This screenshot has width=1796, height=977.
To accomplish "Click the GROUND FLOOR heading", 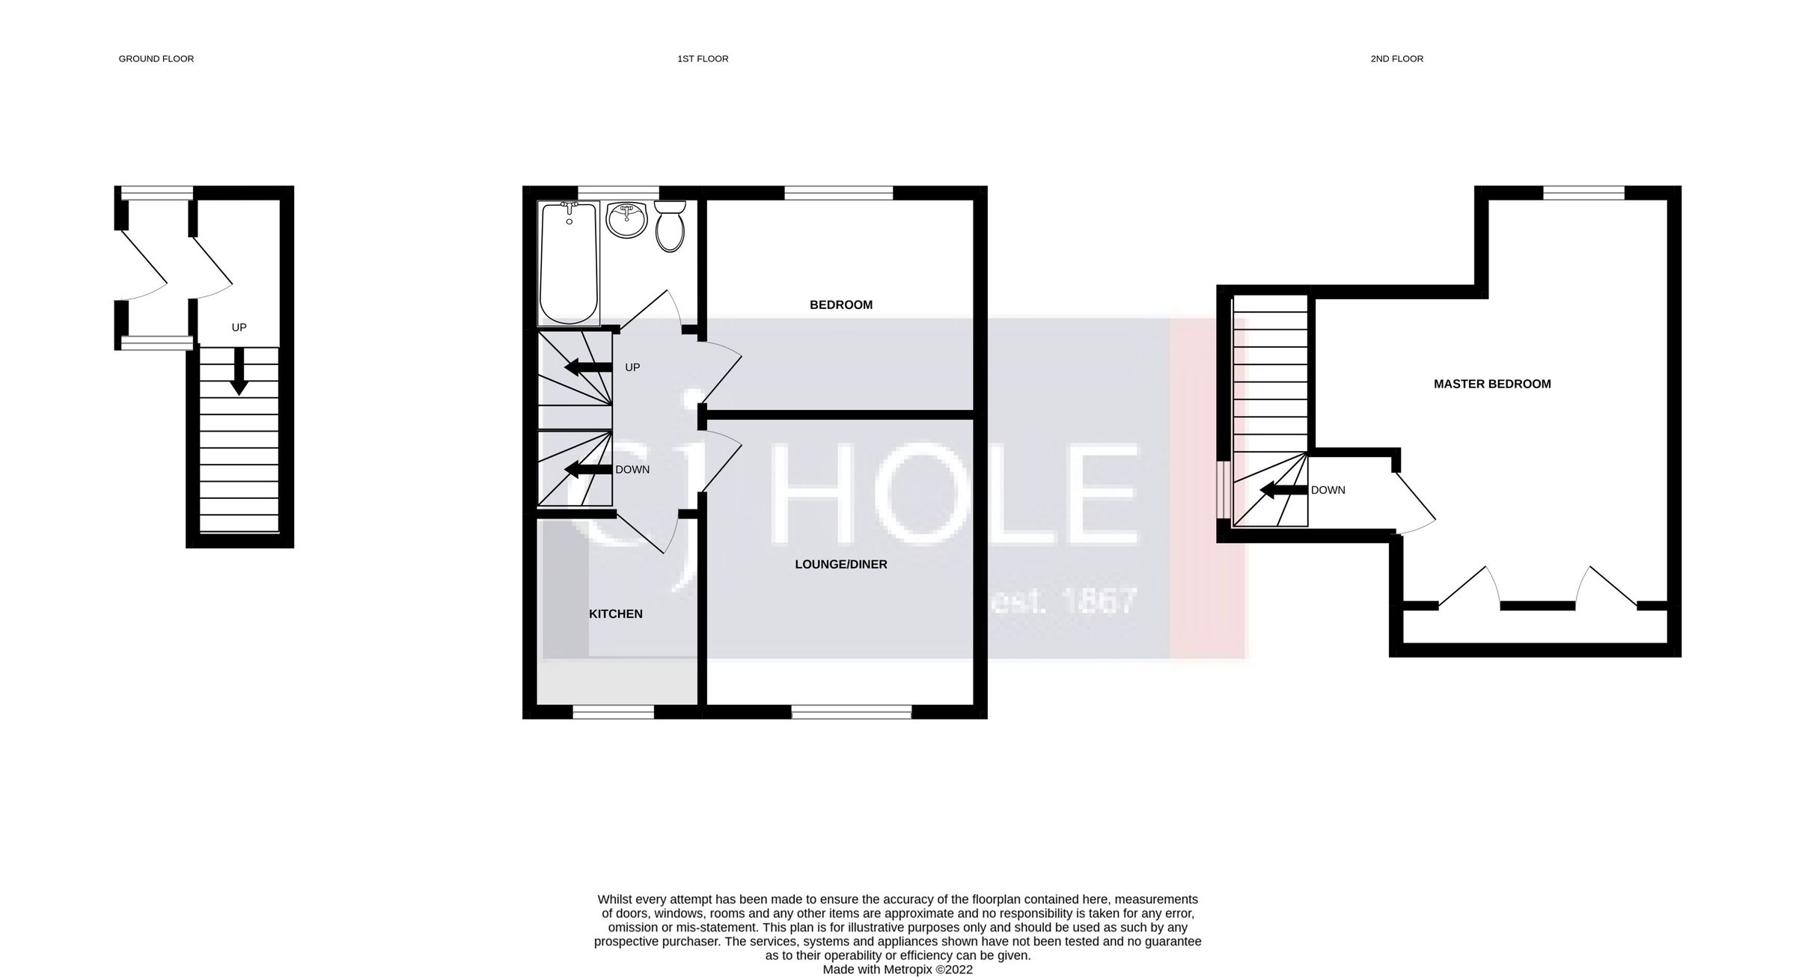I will tap(156, 58).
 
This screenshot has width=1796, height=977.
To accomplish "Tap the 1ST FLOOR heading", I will tap(703, 58).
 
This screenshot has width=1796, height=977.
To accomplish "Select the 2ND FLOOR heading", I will tap(1396, 58).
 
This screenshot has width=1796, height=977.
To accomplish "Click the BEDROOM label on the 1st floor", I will tap(841, 304).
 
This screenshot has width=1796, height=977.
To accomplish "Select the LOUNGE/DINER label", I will tap(840, 564).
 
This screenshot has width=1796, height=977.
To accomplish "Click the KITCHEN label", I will tap(615, 613).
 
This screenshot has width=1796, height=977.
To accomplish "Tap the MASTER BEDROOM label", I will tap(1491, 384).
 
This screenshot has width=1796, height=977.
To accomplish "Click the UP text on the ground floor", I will tap(239, 327).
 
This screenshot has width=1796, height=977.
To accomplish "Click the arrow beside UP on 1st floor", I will tap(588, 367).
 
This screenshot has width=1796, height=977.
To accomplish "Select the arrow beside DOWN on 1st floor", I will tap(588, 470).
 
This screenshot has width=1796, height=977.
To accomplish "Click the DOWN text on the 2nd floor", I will tap(1328, 490).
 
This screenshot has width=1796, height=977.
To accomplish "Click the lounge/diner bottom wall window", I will tap(852, 713).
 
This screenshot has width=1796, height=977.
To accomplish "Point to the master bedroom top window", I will tap(1583, 193).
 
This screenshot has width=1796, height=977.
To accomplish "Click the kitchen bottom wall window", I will tap(613, 713).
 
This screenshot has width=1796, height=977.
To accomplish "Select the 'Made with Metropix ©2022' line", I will tap(897, 970).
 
